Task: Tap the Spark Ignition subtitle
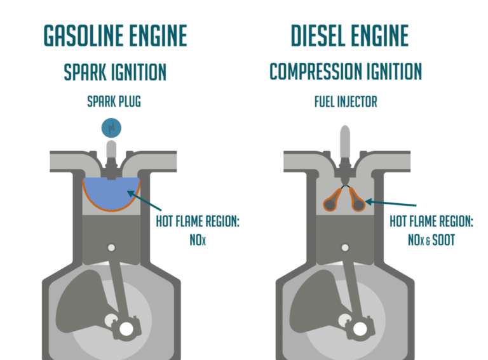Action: coord(115,72)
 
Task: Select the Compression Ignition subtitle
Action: coord(346,72)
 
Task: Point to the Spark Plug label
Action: coord(115,102)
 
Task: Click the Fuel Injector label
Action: coord(346,102)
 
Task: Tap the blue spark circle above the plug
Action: coord(111,128)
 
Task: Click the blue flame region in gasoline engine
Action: coord(111,193)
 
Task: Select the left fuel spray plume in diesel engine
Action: coord(331,201)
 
